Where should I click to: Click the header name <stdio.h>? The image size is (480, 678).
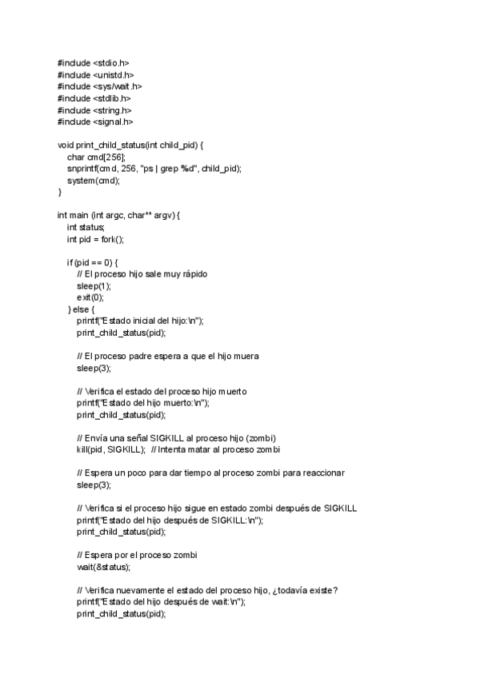tap(110, 62)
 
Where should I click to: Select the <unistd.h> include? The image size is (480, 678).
tap(112, 74)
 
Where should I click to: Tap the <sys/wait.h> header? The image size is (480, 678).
tap(117, 86)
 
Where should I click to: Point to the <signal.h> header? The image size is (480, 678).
tap(112, 122)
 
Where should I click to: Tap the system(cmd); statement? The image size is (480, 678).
tap(93, 181)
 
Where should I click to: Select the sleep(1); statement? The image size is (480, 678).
tap(94, 285)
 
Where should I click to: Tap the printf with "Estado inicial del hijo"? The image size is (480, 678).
tap(141, 321)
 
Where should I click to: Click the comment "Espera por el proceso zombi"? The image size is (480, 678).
tap(142, 556)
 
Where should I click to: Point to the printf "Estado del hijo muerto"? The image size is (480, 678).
tap(143, 403)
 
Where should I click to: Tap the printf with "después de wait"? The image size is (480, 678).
tap(161, 602)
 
